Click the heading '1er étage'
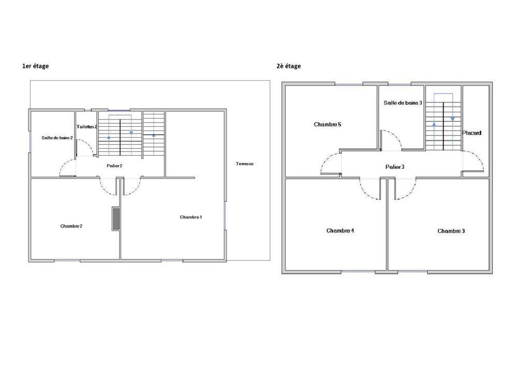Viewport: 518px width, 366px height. [x=36, y=66]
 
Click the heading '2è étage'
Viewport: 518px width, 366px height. [x=289, y=66]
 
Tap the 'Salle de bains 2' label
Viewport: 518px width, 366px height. [x=57, y=138]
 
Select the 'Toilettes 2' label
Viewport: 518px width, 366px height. [x=87, y=127]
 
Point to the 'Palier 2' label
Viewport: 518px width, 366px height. [x=114, y=166]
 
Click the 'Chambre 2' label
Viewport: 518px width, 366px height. [x=71, y=226]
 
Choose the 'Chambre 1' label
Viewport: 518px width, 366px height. [x=191, y=217]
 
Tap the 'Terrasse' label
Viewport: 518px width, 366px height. [x=244, y=164]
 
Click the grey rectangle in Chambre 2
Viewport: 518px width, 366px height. [x=116, y=219]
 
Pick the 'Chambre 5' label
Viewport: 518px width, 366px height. [x=327, y=125]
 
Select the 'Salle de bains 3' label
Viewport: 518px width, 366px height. [x=402, y=103]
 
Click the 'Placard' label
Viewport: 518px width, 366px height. [x=472, y=133]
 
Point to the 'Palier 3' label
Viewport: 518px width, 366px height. [x=395, y=167]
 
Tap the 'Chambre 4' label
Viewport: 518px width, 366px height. [x=340, y=231]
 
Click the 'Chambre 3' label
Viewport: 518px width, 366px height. [x=451, y=231]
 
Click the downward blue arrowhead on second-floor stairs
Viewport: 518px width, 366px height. [x=453, y=119]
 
